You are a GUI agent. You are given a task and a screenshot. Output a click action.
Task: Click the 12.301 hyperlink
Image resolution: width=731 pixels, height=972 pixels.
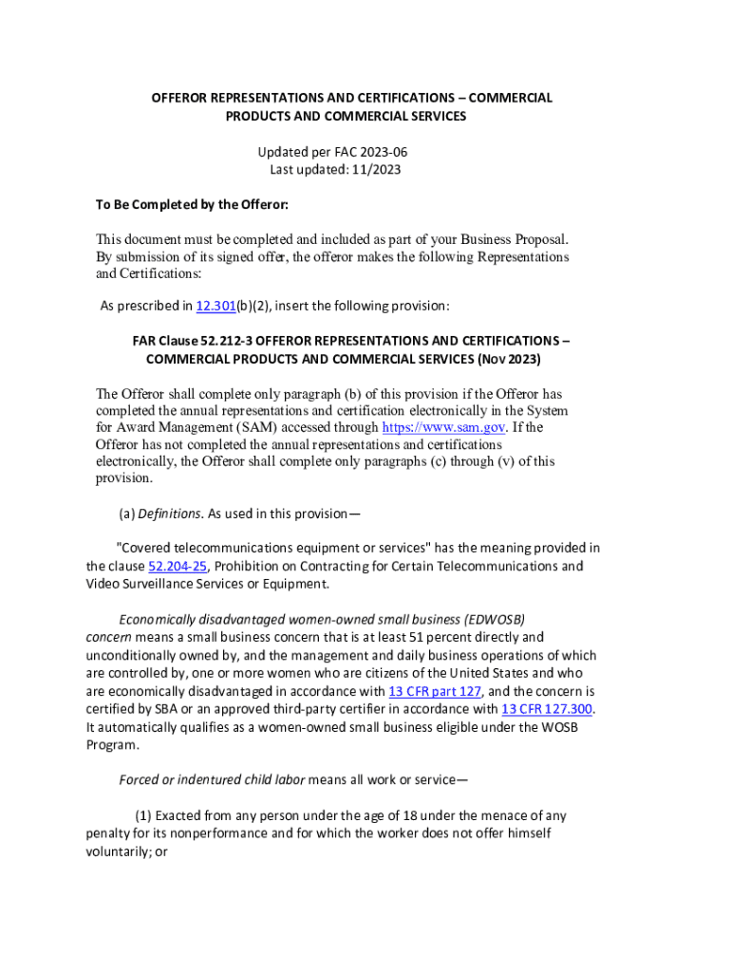(x=215, y=306)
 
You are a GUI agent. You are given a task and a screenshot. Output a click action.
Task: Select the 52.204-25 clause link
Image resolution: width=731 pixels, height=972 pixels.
(x=178, y=566)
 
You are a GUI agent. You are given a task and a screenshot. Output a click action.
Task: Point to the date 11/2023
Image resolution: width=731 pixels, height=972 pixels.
(x=374, y=170)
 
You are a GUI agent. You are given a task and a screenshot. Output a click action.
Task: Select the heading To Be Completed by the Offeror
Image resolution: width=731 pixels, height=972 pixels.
(x=192, y=205)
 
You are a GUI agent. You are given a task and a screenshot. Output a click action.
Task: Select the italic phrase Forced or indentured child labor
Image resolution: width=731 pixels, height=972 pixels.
(x=212, y=780)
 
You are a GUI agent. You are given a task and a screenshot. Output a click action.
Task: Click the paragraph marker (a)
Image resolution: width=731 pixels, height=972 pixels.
(x=126, y=514)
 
